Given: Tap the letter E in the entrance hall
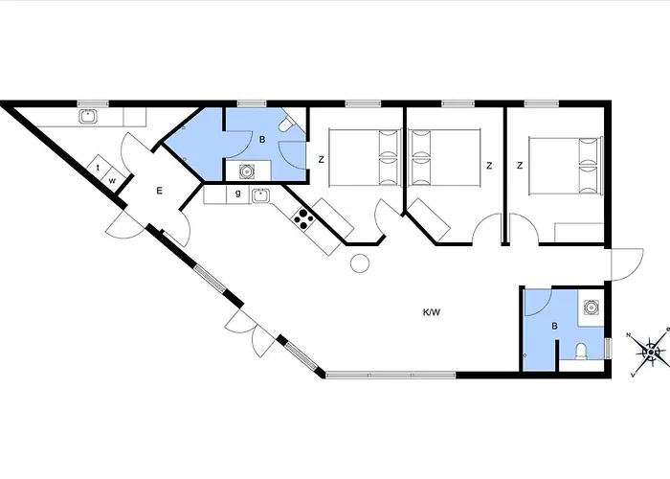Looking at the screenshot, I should tap(159, 191).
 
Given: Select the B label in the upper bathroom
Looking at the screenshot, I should tap(261, 139).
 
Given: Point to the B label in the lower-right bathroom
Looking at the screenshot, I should tap(554, 327).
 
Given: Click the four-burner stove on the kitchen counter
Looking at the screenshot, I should tap(304, 219).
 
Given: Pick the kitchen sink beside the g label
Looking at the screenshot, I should tap(258, 195).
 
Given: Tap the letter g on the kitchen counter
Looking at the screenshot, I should tap(237, 194).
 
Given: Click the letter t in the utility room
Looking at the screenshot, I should tap(99, 167).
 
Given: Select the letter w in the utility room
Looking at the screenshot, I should tap(112, 179).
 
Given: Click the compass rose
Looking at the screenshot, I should tap(651, 353).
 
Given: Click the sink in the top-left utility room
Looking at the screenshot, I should tap(88, 117).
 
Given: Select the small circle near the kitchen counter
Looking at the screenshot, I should tap(359, 263).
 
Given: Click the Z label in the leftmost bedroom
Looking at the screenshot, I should tap(322, 160).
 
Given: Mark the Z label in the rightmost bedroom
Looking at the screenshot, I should tap(520, 165).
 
